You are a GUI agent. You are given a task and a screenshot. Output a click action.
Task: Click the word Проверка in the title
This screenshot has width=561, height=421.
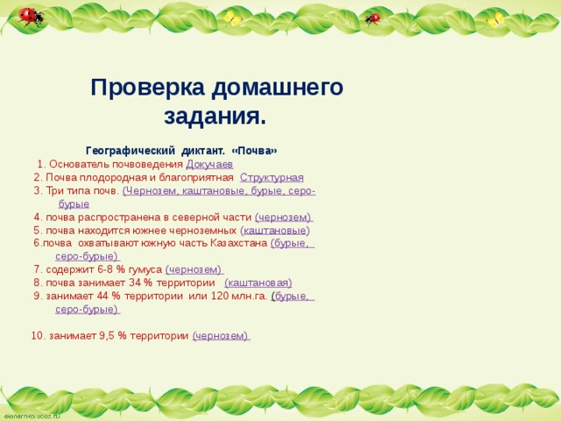[x=149, y=88]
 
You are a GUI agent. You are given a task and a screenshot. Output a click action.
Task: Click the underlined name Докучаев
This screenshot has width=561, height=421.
[x=209, y=164]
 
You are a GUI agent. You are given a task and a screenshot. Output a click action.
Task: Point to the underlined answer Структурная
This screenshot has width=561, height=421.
[x=272, y=177]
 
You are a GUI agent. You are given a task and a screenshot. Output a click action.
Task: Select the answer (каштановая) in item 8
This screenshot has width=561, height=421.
[x=258, y=282]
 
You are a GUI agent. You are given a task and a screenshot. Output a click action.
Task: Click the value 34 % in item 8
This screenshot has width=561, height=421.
[x=141, y=282]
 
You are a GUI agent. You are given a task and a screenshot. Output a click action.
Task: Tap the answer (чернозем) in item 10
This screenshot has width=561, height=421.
[x=221, y=336]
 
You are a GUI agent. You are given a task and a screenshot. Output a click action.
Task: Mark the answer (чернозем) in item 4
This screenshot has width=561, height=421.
[x=283, y=217]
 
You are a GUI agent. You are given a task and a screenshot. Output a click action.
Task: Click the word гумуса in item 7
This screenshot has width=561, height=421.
[x=145, y=269]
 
